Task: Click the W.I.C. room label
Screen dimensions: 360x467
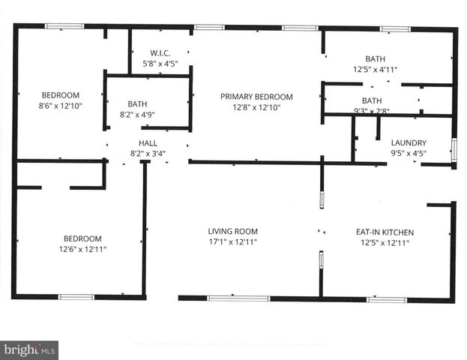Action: click(x=161, y=52)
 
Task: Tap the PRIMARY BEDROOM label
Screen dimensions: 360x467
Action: click(x=256, y=97)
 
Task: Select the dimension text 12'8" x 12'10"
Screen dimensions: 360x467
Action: click(x=256, y=108)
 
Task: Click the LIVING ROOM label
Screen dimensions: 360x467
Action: click(x=233, y=232)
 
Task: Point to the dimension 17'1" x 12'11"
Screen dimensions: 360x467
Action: click(x=233, y=243)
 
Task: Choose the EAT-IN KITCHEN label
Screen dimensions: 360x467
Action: click(x=385, y=232)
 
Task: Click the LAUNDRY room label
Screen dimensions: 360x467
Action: click(x=409, y=142)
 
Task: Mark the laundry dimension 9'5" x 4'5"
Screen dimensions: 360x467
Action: click(x=409, y=154)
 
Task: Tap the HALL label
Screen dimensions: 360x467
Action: click(x=148, y=142)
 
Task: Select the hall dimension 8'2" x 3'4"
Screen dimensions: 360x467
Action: click(x=148, y=154)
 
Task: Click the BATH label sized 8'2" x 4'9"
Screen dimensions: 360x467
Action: click(x=137, y=104)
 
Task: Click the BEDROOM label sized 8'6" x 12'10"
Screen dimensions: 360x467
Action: click(x=61, y=95)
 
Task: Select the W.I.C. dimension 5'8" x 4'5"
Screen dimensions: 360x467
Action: click(x=161, y=64)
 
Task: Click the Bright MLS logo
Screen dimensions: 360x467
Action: click(x=30, y=349)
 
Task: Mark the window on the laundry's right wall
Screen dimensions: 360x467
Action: click(x=454, y=147)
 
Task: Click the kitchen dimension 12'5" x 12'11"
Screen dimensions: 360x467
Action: click(x=385, y=243)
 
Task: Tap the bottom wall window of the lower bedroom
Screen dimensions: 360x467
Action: click(x=76, y=297)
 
